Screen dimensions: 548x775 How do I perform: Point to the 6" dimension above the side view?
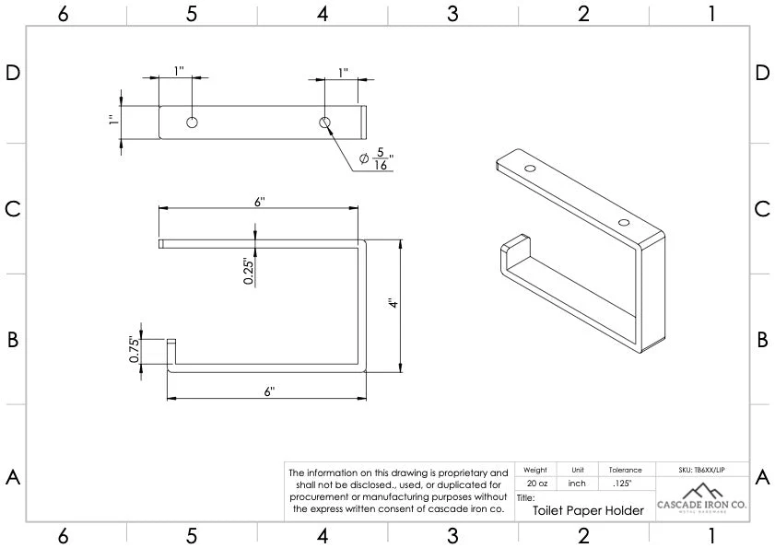click(x=260, y=202)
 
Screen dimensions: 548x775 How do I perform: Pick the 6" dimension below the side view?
click(x=269, y=391)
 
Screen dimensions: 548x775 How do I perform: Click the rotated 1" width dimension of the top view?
click(x=112, y=122)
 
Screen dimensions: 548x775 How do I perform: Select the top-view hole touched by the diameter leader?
click(x=324, y=122)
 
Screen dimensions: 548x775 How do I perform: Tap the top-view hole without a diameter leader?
click(x=192, y=122)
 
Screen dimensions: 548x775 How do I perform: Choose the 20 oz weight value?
click(x=536, y=484)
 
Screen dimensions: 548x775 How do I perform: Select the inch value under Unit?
click(x=577, y=484)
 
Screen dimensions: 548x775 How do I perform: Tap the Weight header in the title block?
click(x=535, y=470)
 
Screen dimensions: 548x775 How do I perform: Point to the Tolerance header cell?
click(x=626, y=470)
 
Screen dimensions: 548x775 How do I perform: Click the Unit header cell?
click(x=577, y=470)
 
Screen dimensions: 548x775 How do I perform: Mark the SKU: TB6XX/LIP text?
click(x=701, y=470)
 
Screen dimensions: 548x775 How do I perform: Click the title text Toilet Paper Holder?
click(x=588, y=510)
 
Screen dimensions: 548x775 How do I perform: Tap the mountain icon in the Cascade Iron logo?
click(x=701, y=489)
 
